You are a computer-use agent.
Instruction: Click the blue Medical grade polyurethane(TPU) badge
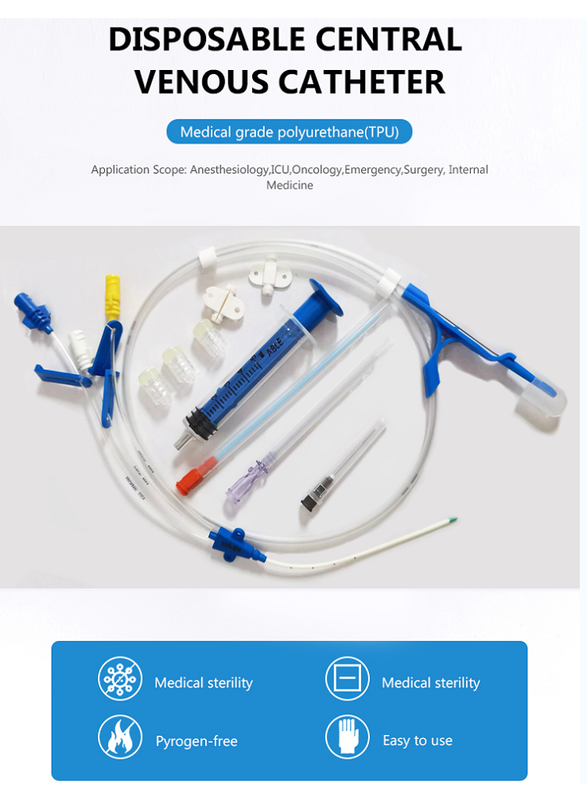point(289,131)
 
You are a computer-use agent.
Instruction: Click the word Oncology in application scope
point(318,169)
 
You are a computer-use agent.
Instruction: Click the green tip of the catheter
point(453,521)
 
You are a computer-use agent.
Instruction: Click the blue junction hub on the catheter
point(227,542)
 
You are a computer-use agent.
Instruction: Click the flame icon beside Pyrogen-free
point(120,736)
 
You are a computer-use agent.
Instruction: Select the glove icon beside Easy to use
point(348,736)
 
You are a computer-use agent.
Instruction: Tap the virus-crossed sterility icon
point(120,679)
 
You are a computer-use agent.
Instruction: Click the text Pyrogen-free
point(196,741)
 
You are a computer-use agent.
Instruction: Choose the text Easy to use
point(418,740)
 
